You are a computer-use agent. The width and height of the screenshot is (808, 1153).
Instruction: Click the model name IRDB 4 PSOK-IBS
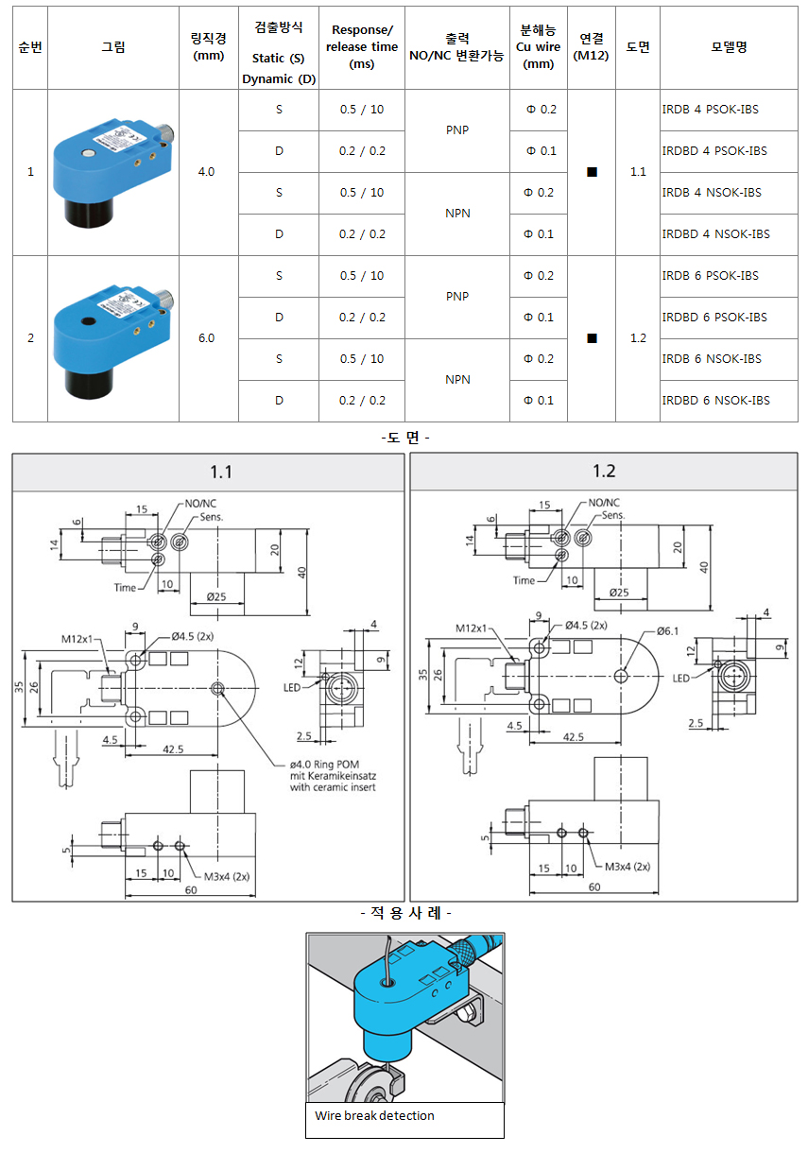point(711,110)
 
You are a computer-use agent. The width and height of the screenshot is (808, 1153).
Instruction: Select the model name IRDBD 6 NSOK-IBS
point(715,401)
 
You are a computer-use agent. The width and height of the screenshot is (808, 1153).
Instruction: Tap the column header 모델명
point(729,47)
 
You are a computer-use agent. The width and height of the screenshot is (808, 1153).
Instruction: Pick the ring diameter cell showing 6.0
point(206,338)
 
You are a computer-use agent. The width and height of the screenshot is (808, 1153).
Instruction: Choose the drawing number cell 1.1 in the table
point(638,172)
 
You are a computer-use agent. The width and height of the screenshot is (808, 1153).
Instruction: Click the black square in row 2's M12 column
point(592,338)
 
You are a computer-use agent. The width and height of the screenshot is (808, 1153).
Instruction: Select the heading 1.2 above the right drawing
point(604,472)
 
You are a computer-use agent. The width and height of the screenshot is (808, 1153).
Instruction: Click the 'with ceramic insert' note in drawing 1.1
point(333,786)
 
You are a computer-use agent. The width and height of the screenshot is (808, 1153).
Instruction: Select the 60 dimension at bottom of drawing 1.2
point(594,886)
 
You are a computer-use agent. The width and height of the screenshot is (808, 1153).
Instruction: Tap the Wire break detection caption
point(375,1116)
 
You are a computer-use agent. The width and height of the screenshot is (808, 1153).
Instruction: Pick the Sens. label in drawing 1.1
point(211,518)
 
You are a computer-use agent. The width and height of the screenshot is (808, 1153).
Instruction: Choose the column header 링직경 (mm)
point(207,47)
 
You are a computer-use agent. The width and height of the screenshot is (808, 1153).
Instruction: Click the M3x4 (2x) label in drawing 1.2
point(626,866)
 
